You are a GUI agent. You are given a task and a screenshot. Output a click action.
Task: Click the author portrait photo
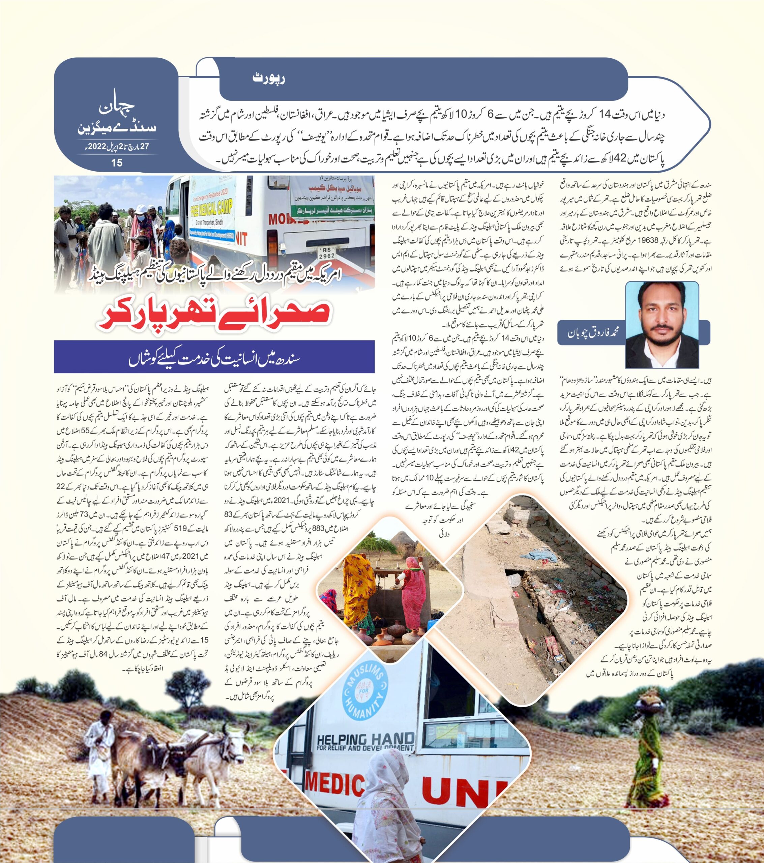tap(662, 324)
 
